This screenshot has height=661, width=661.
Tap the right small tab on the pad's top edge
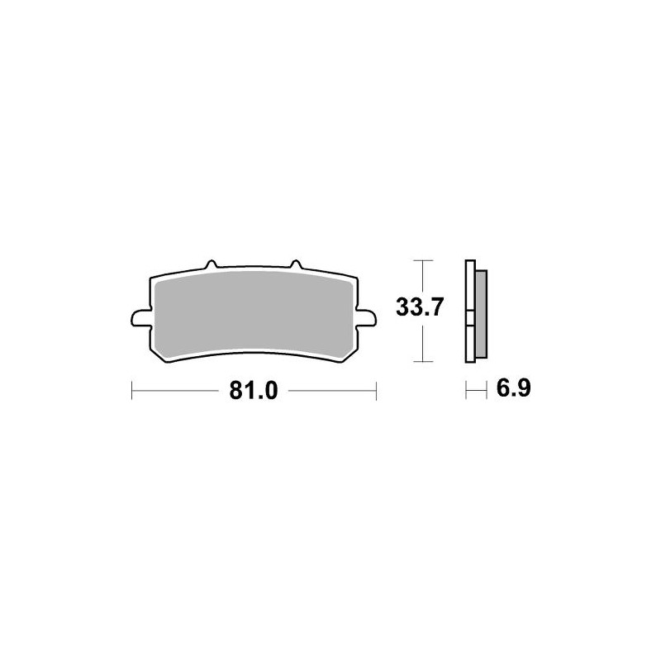(295, 265)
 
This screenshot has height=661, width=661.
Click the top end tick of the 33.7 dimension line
(422, 260)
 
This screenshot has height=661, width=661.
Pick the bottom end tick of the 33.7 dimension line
(422, 361)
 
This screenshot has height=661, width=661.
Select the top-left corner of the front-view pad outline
(152, 276)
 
